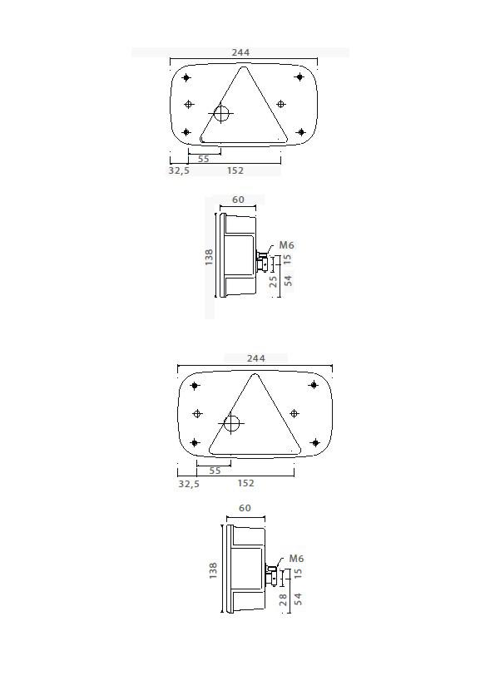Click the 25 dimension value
[x=274, y=281]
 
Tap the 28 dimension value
[x=283, y=599]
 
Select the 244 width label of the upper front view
[x=240, y=52]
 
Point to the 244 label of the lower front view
[x=255, y=358]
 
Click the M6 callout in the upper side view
[x=286, y=245]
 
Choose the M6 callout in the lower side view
[x=296, y=559]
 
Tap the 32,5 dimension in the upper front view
[x=178, y=170]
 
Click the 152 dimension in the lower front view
[x=245, y=483]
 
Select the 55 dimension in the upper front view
[x=204, y=158]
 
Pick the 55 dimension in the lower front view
[x=215, y=471]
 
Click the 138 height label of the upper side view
[x=210, y=257]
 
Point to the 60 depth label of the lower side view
[x=245, y=508]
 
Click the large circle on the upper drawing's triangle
[x=222, y=113]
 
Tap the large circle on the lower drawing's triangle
[x=231, y=424]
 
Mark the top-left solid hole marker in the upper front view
[x=186, y=78]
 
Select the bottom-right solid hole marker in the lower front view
[x=314, y=443]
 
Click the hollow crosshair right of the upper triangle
[x=280, y=104]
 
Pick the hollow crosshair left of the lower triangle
[x=197, y=413]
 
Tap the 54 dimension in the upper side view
[x=288, y=279]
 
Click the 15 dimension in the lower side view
[x=298, y=573]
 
